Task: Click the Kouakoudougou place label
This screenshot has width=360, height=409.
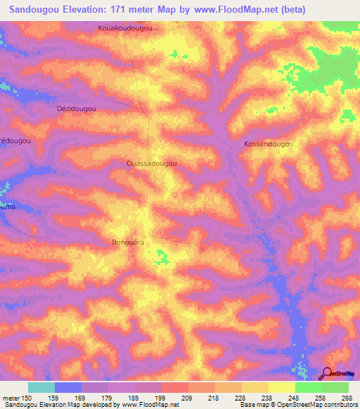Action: pyautogui.click(x=125, y=28)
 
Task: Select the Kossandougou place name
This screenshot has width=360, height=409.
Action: pyautogui.click(x=267, y=143)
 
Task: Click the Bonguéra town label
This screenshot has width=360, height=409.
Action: pyautogui.click(x=129, y=242)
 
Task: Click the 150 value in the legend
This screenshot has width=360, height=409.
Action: pyautogui.click(x=23, y=398)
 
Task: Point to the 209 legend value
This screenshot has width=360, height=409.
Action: pyautogui.click(x=186, y=398)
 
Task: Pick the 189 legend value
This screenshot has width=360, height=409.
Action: pyautogui.click(x=133, y=398)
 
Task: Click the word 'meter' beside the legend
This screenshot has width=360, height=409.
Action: pyautogui.click(x=10, y=398)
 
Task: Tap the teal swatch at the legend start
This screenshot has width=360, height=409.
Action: pyautogui.click(x=41, y=387)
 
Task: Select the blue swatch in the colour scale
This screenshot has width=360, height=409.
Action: pyautogui.click(x=68, y=387)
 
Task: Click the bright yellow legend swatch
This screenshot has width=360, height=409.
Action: pyautogui.click(x=282, y=387)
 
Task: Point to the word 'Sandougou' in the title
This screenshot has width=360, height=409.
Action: pyautogui.click(x=39, y=10)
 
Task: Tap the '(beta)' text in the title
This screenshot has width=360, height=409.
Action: pyautogui.click(x=288, y=10)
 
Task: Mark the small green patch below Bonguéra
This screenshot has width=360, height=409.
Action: pyautogui.click(x=162, y=259)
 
